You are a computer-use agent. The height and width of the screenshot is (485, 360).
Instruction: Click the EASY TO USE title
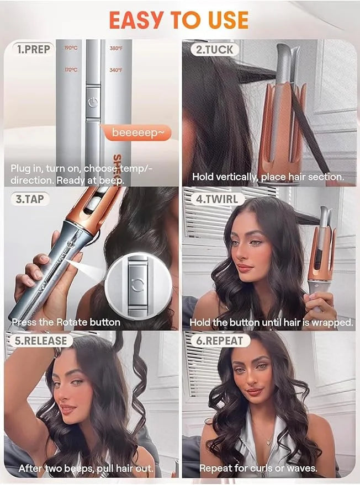[179, 20]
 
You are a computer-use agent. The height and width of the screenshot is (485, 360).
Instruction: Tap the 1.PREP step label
[33, 49]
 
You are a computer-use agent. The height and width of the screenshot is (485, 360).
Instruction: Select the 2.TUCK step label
[214, 50]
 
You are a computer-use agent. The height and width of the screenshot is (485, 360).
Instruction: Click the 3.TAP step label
[30, 199]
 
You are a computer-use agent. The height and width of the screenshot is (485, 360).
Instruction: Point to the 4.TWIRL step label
[216, 199]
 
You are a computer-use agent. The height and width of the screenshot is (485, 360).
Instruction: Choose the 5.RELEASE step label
[40, 340]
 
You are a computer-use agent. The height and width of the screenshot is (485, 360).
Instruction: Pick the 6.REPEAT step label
[219, 340]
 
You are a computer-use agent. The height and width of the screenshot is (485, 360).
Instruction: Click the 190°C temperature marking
[71, 48]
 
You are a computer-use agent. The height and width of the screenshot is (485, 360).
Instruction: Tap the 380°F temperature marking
[116, 48]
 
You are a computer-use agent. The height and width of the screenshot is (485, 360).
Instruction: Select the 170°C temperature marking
[71, 70]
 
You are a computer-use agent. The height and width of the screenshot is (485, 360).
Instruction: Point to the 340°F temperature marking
[116, 70]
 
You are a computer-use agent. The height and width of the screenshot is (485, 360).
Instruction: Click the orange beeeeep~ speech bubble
[137, 134]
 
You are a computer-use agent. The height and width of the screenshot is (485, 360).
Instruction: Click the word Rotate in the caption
[71, 322]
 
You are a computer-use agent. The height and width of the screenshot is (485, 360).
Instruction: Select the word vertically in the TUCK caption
[237, 178]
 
